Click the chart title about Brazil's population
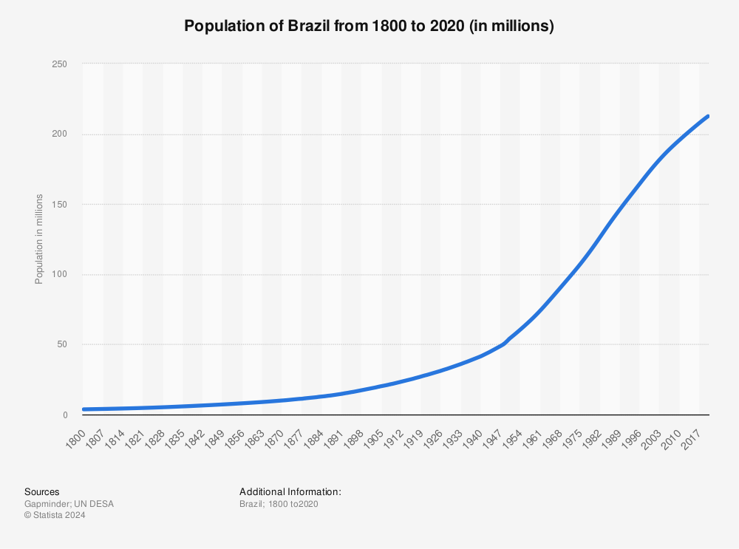tap(369, 26)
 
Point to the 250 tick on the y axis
tap(59, 64)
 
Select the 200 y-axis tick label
tap(59, 134)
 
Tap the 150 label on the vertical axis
tap(59, 205)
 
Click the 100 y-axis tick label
tap(59, 274)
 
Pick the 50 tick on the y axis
tap(62, 344)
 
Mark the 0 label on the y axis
tap(65, 415)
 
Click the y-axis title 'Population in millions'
tap(39, 239)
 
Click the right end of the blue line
tap(708, 117)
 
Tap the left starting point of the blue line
tap(84, 409)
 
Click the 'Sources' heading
tap(42, 492)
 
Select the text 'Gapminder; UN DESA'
tap(69, 504)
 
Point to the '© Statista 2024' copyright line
tap(55, 515)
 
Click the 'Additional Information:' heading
tap(290, 492)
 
